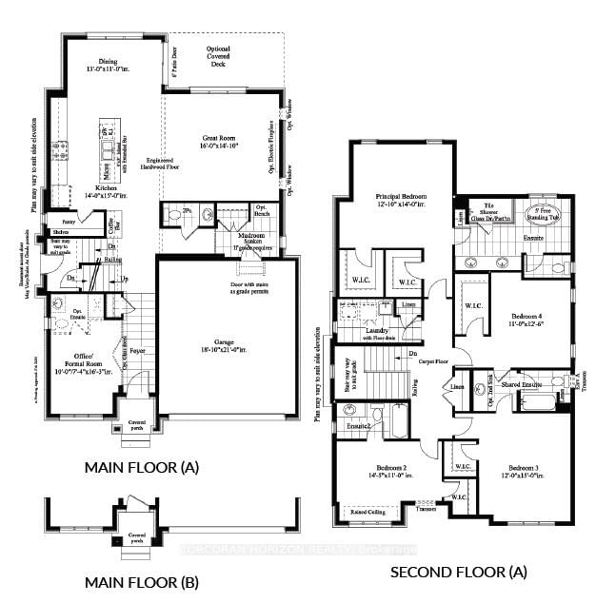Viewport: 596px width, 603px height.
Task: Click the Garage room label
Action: [x=226, y=346]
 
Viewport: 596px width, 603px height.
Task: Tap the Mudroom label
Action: [x=250, y=238]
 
